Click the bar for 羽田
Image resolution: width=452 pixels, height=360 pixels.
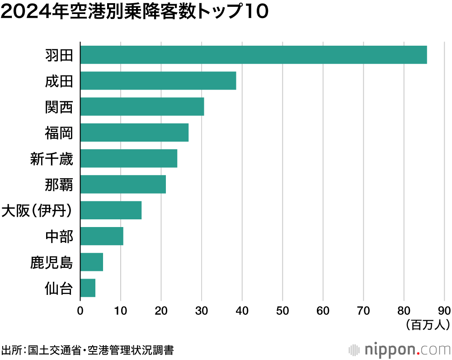tap(253, 55)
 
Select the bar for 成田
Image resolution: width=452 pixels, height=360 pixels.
tap(158, 81)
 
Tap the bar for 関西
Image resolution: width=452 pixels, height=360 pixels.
tap(142, 107)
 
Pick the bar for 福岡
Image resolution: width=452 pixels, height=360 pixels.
tap(134, 133)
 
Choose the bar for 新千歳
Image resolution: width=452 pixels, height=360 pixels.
tap(129, 158)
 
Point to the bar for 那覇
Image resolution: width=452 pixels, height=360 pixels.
tap(123, 184)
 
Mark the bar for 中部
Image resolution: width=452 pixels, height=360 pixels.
tap(102, 236)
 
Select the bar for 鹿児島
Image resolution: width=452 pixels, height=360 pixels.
tap(92, 262)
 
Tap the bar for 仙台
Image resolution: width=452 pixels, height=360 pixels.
tap(88, 288)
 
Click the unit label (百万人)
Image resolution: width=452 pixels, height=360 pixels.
tap(427, 324)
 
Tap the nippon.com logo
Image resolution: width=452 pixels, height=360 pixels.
tap(400, 349)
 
